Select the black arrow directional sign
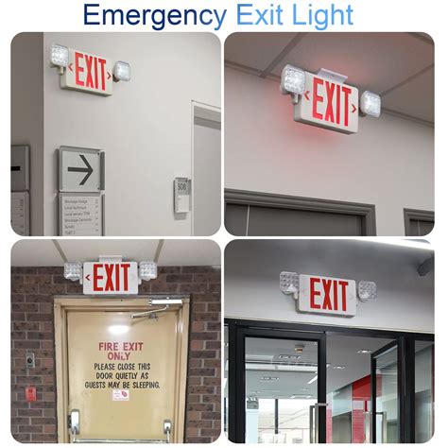point(81,170)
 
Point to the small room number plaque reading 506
point(181,186)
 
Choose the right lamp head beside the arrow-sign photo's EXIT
point(122,71)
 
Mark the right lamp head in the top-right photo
point(370,102)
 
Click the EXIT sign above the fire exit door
point(112,277)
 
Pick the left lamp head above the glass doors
point(288,281)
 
